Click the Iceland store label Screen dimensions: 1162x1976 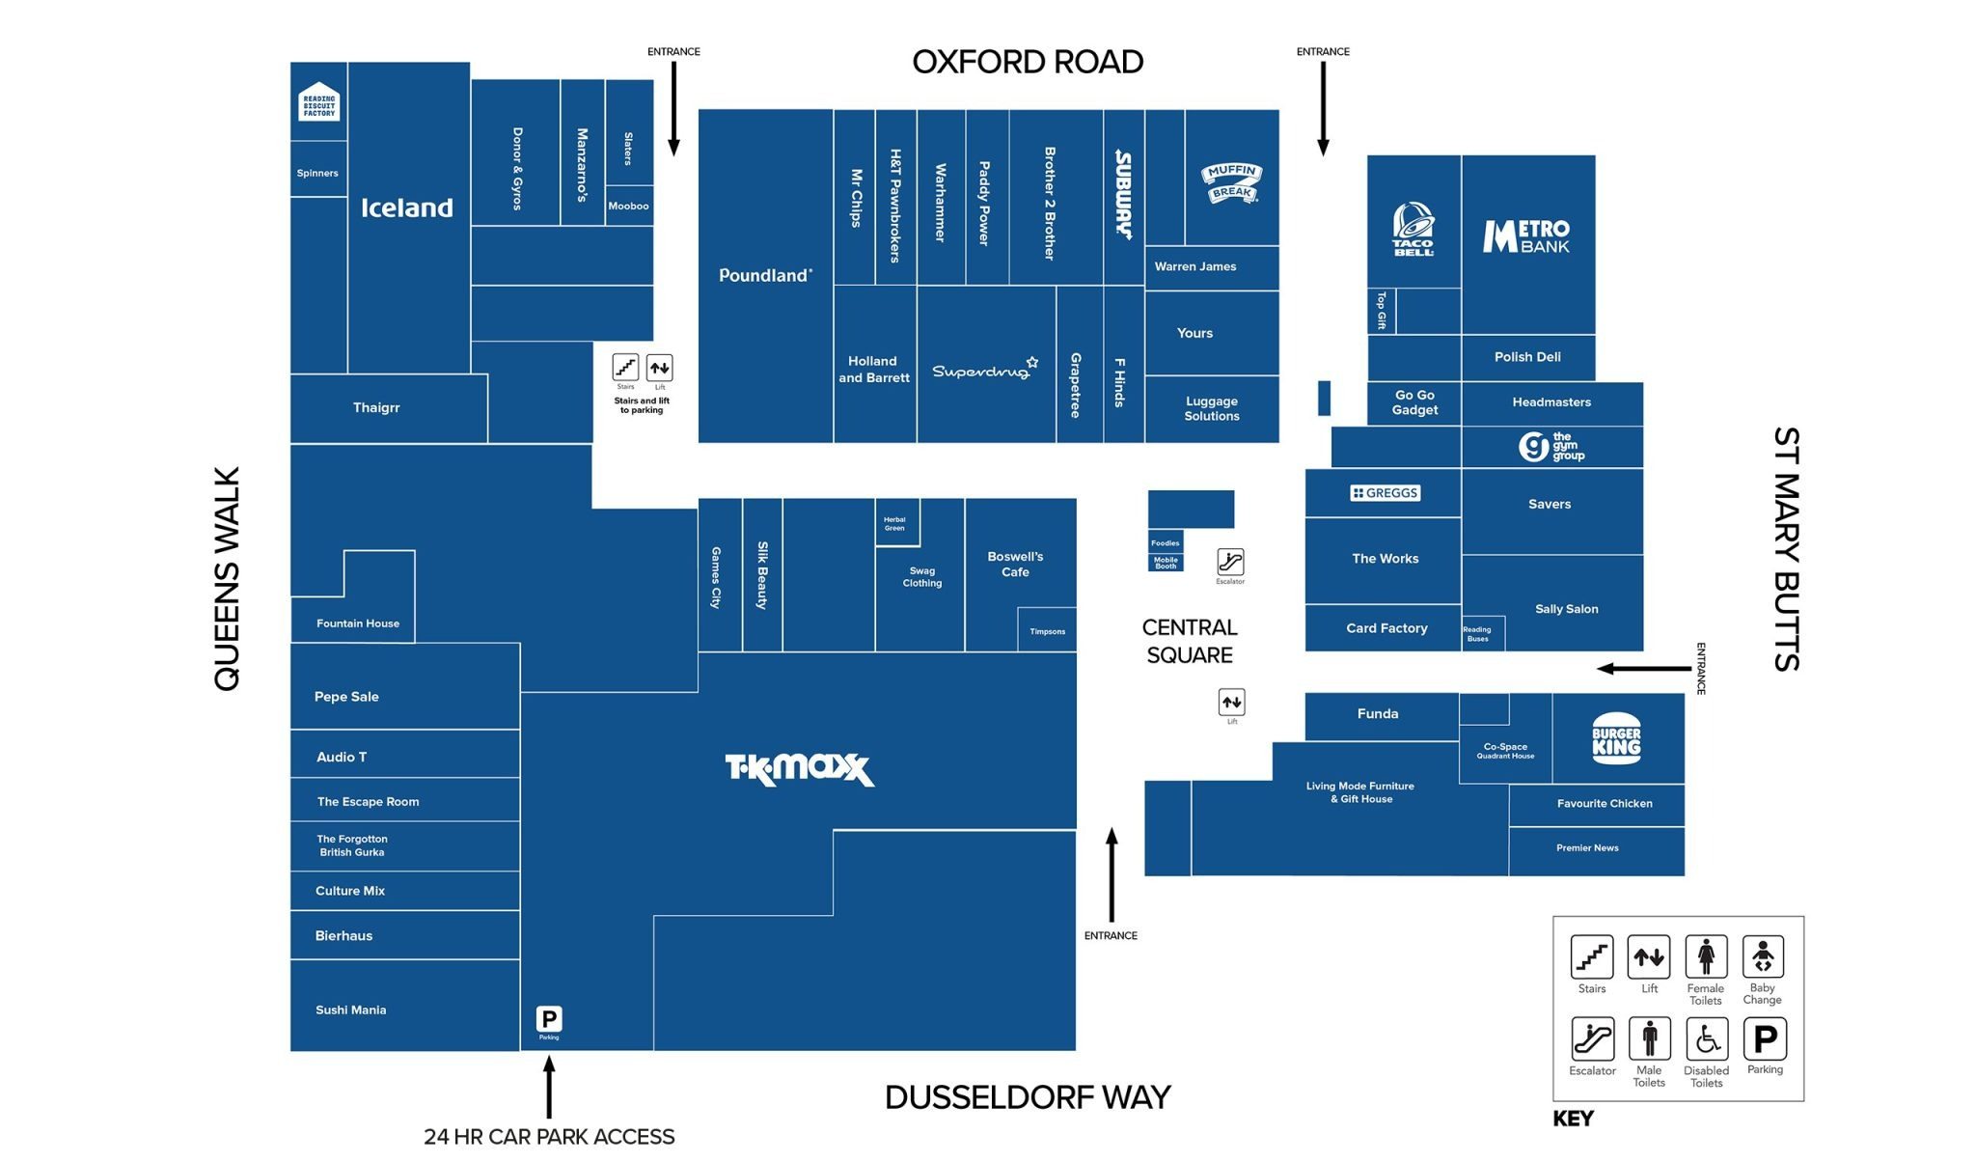(x=406, y=207)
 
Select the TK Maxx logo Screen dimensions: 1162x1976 (x=799, y=769)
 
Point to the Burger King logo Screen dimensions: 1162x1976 (x=1616, y=738)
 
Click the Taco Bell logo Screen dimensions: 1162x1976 (x=1413, y=230)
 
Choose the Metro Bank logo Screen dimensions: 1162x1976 (x=1526, y=235)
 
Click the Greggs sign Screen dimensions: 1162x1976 (x=1386, y=493)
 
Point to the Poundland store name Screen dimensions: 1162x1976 (x=765, y=275)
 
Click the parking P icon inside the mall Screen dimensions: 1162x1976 (x=549, y=1019)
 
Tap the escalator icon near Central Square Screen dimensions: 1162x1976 (x=1230, y=562)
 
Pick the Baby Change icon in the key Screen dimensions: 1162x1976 (x=1763, y=956)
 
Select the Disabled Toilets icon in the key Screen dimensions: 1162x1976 (x=1706, y=1039)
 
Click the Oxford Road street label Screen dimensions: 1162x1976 (x=1028, y=62)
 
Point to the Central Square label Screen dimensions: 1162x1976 (x=1190, y=641)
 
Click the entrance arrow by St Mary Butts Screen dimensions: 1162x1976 (x=1644, y=668)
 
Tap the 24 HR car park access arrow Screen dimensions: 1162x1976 (x=549, y=1087)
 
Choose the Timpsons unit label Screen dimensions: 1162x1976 (x=1047, y=631)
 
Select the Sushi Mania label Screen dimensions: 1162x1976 (x=350, y=1010)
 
